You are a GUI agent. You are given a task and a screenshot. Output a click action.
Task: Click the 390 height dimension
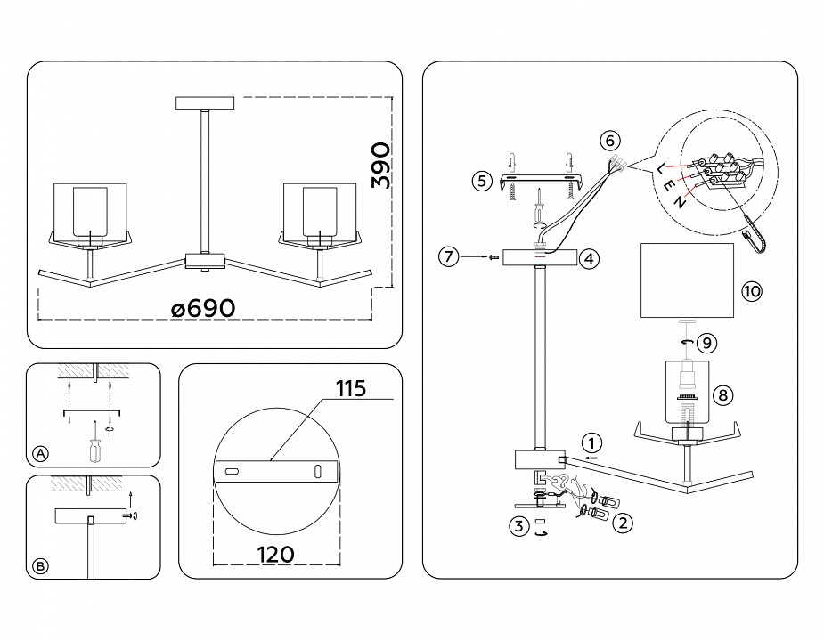click(380, 165)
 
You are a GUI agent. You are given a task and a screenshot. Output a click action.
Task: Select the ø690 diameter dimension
click(203, 308)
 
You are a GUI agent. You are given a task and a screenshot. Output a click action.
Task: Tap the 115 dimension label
click(351, 389)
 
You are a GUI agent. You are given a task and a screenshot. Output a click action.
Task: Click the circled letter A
click(40, 454)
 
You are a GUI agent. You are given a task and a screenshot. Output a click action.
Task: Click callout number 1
click(592, 442)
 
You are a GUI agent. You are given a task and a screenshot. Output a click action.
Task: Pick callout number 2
click(624, 523)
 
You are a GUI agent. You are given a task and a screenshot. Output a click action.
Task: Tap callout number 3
click(517, 526)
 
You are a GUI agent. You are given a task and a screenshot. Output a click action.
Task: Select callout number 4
click(588, 259)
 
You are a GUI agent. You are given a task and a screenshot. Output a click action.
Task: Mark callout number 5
click(481, 182)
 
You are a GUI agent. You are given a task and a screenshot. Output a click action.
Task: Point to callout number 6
click(609, 140)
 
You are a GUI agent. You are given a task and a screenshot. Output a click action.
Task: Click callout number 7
click(448, 257)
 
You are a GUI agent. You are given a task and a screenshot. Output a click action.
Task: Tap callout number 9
click(705, 340)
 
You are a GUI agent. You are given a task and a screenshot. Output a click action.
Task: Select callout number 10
click(751, 290)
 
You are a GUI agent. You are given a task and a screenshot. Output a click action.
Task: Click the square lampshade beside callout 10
click(687, 280)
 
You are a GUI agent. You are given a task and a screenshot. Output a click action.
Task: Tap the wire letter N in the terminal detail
click(681, 202)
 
